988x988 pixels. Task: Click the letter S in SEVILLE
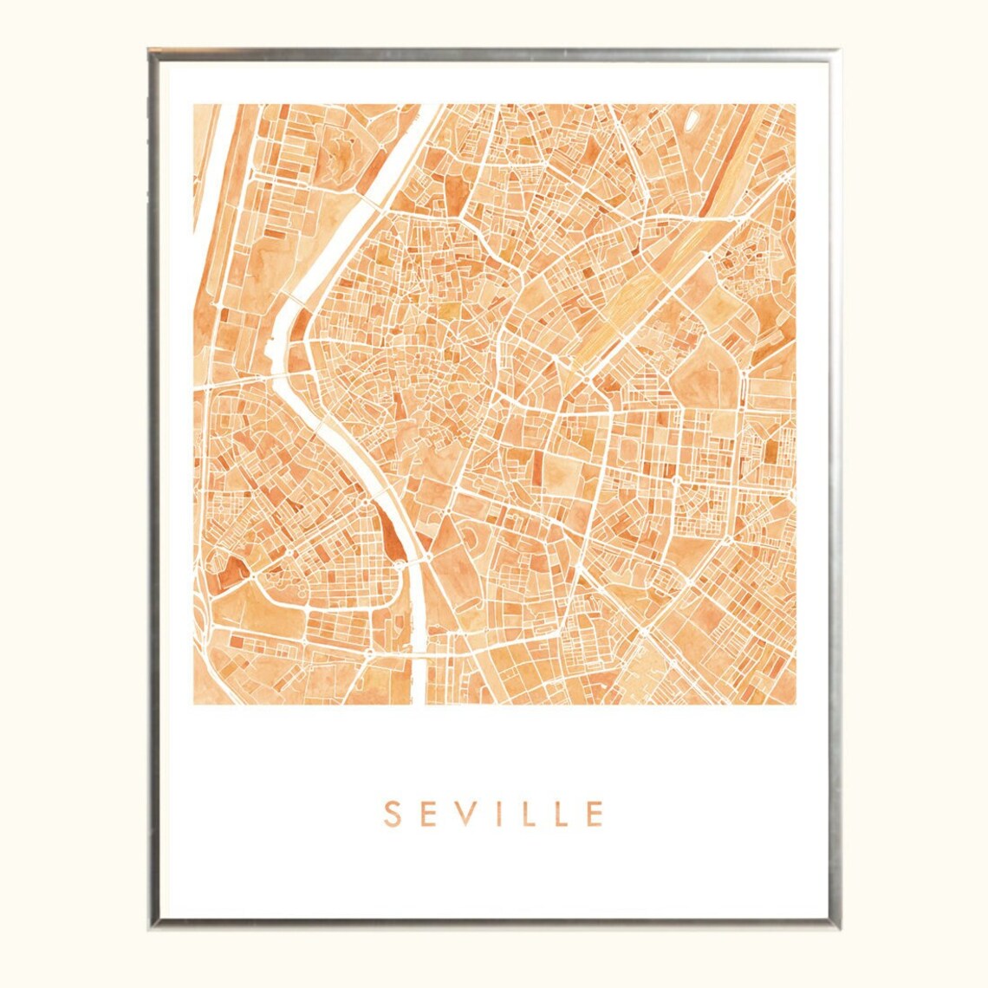tap(392, 814)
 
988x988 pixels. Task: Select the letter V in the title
tap(468, 814)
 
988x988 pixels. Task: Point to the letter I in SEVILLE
tap(499, 814)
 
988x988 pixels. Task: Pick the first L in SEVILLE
tap(526, 814)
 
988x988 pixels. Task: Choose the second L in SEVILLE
tap(559, 814)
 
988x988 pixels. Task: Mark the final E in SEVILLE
tap(594, 814)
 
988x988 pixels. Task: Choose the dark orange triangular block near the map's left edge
tap(232, 576)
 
